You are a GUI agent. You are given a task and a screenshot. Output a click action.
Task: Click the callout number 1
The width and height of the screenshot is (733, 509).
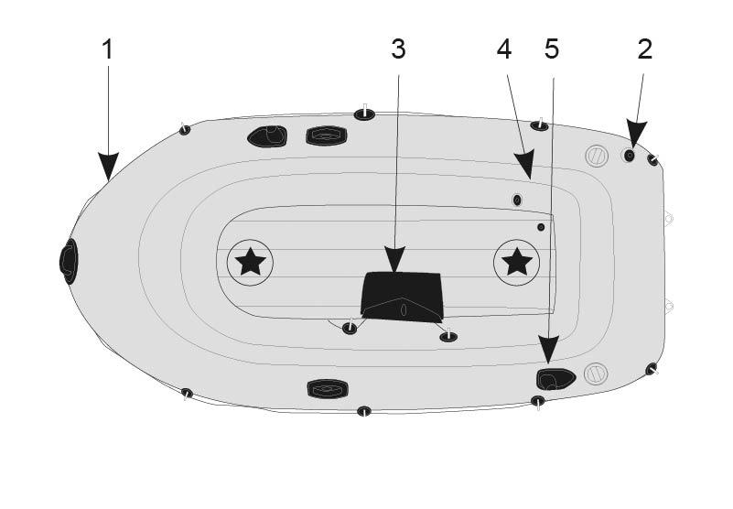point(107,49)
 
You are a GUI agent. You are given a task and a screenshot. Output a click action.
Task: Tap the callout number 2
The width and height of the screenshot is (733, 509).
point(644,49)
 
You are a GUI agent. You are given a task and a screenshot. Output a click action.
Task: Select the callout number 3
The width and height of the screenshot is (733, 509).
point(398,49)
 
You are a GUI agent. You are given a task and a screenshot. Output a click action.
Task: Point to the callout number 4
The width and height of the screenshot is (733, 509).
point(504,49)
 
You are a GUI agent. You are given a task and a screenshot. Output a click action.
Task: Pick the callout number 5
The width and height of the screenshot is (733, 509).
point(552,49)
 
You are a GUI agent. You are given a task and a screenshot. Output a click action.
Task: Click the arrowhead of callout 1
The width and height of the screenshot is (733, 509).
point(109,166)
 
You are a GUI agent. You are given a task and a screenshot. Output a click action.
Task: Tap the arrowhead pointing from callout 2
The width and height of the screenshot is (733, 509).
point(636,135)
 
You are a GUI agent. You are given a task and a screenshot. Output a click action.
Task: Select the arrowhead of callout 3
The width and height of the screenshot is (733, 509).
point(396,259)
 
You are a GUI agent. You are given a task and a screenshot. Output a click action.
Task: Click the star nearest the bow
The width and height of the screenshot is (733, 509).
point(250,262)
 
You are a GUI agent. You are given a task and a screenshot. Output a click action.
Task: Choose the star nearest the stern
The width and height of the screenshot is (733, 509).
point(516,262)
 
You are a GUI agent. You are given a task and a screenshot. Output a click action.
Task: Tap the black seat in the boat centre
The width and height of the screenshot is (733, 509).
point(402,297)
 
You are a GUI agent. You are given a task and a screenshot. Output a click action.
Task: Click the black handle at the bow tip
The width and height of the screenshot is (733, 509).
point(69,261)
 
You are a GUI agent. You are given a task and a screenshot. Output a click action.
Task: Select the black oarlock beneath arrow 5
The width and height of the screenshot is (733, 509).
point(555,379)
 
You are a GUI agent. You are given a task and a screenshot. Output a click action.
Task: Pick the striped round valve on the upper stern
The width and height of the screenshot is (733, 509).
point(597,156)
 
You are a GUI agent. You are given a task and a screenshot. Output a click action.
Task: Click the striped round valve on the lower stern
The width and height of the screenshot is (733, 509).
point(596,374)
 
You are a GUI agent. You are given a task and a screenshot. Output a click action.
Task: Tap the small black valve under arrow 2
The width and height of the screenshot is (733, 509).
point(630,155)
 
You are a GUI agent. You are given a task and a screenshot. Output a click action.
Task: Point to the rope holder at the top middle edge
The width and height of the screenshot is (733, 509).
point(364,114)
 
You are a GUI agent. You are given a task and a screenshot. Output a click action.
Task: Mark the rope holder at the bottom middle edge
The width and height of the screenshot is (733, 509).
point(363,411)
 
